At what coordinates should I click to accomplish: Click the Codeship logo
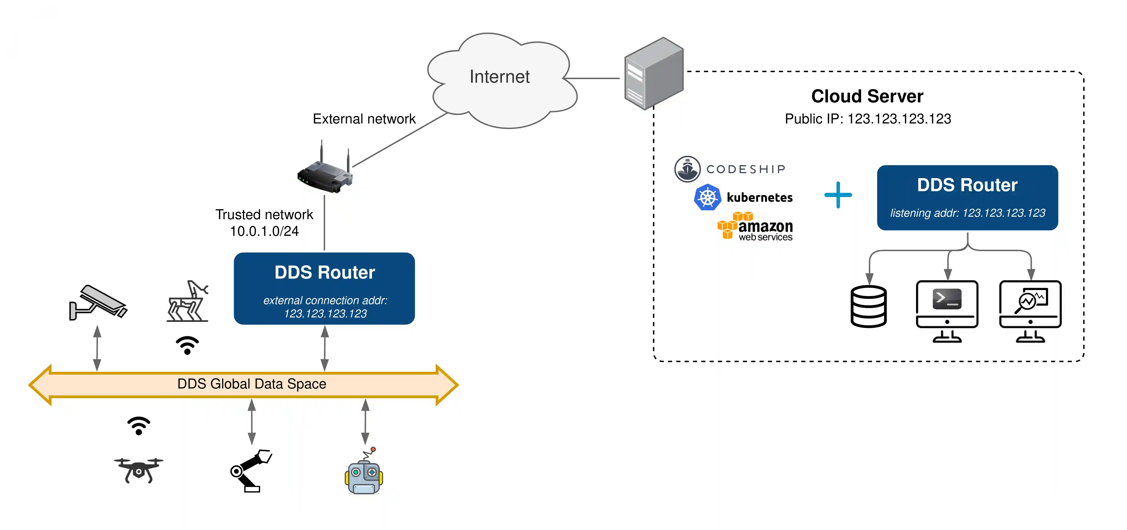[730, 169]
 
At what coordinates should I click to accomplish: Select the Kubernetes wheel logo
[707, 198]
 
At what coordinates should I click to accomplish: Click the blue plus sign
[838, 195]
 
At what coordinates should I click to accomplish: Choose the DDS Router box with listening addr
[967, 198]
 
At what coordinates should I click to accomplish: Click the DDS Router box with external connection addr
[324, 289]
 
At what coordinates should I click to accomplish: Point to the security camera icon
[97, 303]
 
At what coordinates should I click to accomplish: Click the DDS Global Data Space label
[251, 384]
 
